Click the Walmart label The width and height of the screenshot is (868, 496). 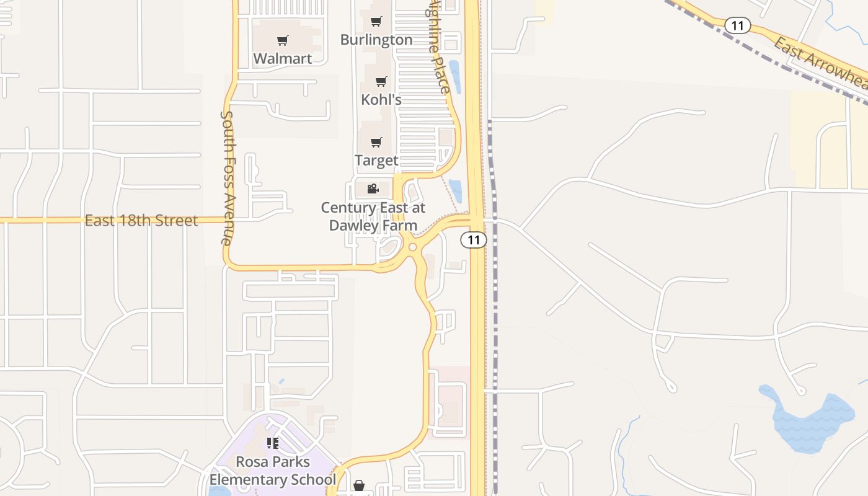283,58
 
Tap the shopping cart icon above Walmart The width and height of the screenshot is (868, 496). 283,41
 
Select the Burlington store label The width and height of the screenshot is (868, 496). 376,40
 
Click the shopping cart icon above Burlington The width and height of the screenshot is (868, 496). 376,22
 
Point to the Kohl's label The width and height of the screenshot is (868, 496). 381,99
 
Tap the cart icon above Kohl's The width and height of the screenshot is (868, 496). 381,82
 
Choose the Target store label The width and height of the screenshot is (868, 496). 376,160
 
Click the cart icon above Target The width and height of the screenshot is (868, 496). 376,143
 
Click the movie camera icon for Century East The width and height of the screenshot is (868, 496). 373,189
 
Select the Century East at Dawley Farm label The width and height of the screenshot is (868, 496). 373,216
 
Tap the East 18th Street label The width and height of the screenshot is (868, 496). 141,220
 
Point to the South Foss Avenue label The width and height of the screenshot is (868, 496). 227,177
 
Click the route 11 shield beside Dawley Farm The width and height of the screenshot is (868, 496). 474,240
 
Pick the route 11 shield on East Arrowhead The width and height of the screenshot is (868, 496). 737,25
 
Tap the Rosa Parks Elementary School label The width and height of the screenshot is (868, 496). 273,471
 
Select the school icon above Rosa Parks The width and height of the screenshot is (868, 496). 273,443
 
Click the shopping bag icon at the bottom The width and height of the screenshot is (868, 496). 359,485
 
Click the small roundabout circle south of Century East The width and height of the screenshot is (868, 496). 412,247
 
